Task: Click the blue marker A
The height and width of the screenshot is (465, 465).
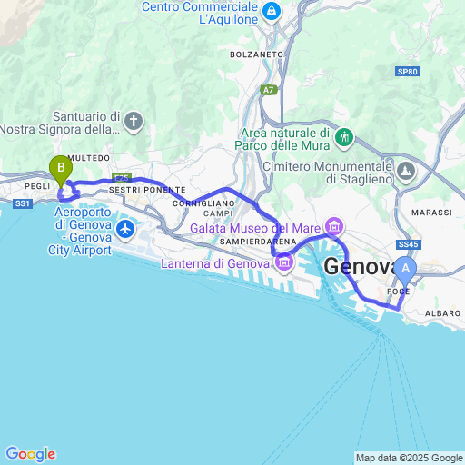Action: pyautogui.click(x=406, y=269)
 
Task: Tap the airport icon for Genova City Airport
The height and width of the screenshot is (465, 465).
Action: pyautogui.click(x=124, y=227)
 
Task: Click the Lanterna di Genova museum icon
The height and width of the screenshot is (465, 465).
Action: pyautogui.click(x=284, y=263)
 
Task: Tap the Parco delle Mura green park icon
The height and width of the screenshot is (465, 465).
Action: pyautogui.click(x=344, y=138)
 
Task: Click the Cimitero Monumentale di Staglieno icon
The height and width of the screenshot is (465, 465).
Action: pyautogui.click(x=406, y=170)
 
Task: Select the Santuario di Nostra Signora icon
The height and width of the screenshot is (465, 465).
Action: pyautogui.click(x=134, y=121)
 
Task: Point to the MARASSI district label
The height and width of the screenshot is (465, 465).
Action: pyautogui.click(x=432, y=213)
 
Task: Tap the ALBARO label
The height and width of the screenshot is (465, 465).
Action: pyautogui.click(x=442, y=313)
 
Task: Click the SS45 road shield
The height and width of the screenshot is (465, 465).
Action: pyautogui.click(x=410, y=245)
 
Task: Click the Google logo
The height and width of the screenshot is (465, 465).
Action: pyautogui.click(x=30, y=454)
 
